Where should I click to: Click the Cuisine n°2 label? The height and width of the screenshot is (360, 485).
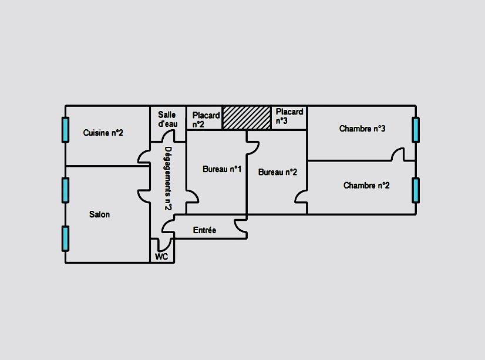[103, 133]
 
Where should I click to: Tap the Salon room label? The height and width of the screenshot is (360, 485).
[99, 214]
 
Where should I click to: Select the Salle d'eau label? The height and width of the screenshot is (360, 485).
[167, 120]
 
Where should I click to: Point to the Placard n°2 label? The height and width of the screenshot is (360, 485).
[206, 119]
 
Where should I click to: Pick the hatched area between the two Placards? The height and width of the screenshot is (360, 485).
[247, 117]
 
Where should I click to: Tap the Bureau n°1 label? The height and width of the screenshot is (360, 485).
[222, 169]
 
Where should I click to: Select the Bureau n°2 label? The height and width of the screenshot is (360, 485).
[278, 172]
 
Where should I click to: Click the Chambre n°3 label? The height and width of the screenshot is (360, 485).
[362, 129]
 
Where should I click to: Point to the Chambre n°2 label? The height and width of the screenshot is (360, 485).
[366, 186]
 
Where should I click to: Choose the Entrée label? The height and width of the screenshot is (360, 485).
[204, 230]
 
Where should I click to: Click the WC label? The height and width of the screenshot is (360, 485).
[161, 257]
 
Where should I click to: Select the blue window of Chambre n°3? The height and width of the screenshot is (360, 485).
[416, 130]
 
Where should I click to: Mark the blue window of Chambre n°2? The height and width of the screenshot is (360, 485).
[416, 190]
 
